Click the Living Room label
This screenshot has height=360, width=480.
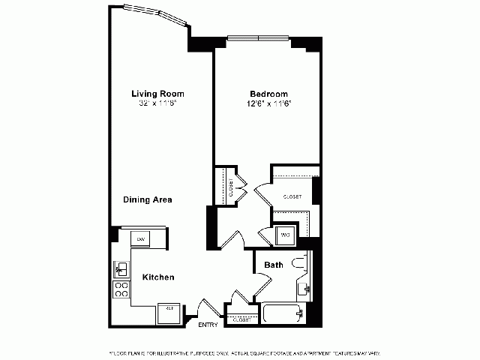[x=157, y=94]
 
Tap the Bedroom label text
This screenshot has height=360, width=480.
[x=270, y=94]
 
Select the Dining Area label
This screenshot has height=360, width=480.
[x=148, y=199]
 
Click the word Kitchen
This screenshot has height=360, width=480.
[x=158, y=277]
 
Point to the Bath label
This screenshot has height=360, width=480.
[x=274, y=265]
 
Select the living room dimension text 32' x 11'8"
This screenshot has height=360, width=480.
[x=157, y=104]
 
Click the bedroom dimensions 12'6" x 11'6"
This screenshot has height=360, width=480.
[x=270, y=104]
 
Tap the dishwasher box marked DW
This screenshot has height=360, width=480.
[x=140, y=238]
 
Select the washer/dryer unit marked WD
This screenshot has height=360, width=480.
[x=286, y=235]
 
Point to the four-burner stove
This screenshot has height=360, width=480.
[x=120, y=289]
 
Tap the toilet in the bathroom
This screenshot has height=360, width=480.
[x=300, y=262]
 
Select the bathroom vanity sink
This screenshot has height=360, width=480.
[x=304, y=289]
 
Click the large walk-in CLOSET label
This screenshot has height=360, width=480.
[x=292, y=196]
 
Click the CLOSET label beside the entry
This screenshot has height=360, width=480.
[x=241, y=319]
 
